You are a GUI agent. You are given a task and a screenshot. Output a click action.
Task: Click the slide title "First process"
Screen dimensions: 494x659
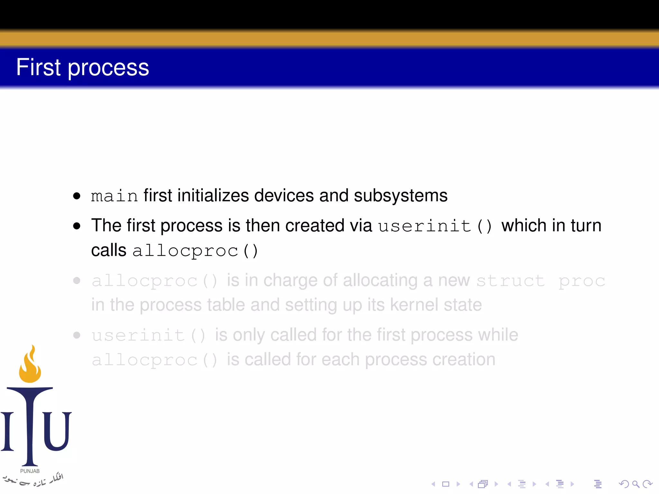tap(82, 67)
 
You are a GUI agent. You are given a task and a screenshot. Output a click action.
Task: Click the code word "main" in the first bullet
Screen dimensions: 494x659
tap(114, 196)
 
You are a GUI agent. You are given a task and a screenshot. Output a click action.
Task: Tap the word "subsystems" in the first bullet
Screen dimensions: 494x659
tap(401, 196)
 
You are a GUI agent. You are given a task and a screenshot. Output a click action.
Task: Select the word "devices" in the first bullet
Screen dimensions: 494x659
tap(284, 196)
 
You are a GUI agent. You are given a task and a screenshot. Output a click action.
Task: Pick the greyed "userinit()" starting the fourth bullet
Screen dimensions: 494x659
tap(148, 335)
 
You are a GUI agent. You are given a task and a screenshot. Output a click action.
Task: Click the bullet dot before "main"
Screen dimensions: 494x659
tap(77, 196)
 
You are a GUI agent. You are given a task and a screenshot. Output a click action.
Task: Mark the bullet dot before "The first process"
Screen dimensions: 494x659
tap(77, 226)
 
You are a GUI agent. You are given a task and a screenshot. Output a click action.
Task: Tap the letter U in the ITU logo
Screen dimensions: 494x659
tap(57, 431)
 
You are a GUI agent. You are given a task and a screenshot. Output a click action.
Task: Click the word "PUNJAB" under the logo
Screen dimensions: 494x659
tap(30, 471)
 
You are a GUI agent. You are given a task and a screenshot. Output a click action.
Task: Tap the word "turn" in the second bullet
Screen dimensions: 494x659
tap(586, 225)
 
